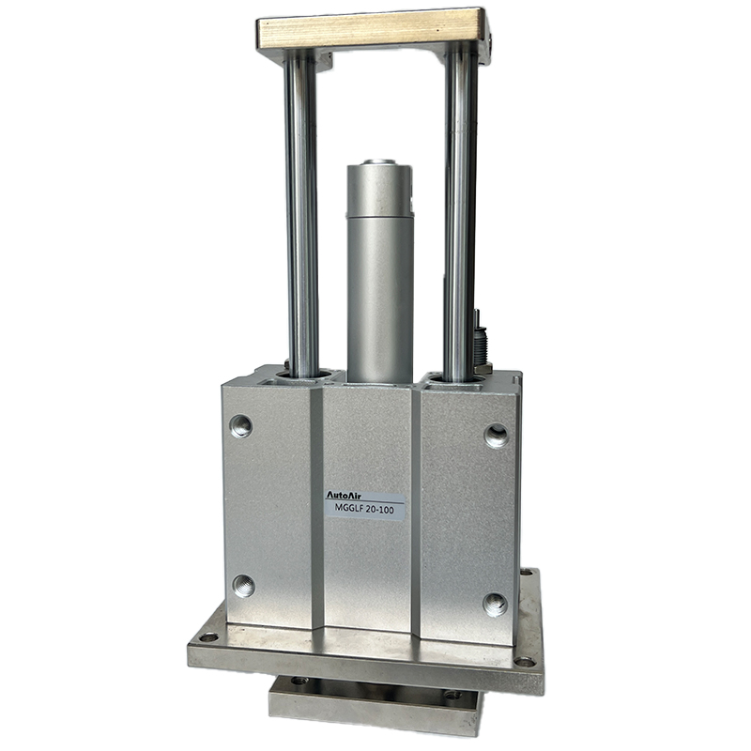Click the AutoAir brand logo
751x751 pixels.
coord(344,496)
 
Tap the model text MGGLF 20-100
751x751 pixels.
coord(365,510)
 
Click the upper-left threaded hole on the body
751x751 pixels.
coord(241,426)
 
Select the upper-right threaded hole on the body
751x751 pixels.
coord(497,436)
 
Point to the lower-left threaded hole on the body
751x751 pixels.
coord(244,585)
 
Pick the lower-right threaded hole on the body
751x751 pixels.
coord(495,605)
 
